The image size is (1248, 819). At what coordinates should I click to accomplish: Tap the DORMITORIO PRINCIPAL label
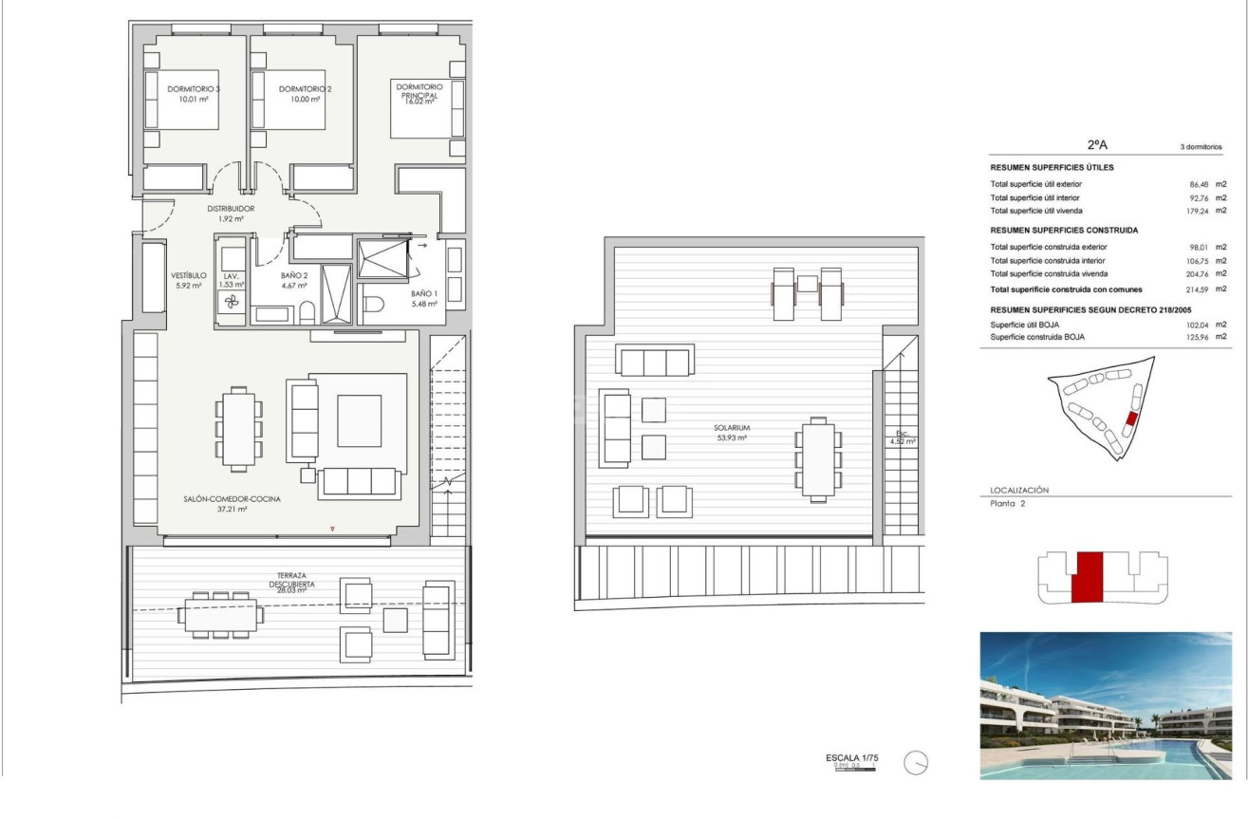[419, 93]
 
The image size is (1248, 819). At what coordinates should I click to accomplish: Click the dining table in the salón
[239, 428]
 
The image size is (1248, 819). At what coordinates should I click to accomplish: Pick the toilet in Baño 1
[374, 305]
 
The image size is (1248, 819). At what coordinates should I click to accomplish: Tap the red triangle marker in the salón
[332, 529]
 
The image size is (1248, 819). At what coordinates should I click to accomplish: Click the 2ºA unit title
[1097, 145]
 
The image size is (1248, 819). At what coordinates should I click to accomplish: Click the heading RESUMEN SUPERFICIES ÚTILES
[1052, 168]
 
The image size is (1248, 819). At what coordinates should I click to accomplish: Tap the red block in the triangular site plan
[1130, 419]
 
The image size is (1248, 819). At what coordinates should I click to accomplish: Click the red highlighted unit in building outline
[1087, 576]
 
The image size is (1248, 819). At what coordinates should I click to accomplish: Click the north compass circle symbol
[916, 763]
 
